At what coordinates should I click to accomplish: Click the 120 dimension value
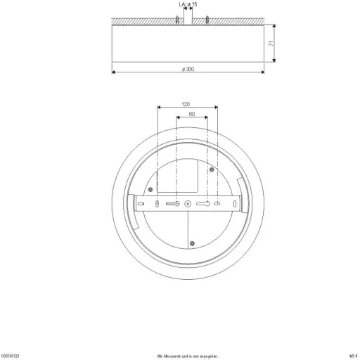coord(186,103)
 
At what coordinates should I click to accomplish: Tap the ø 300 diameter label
coord(188,68)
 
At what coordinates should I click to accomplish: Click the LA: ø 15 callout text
coord(188,5)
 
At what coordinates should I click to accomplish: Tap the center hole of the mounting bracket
coord(187,204)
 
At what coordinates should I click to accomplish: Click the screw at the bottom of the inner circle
coord(192,243)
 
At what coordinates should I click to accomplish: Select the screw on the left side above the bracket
coord(148,188)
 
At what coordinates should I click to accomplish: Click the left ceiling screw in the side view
coord(175,20)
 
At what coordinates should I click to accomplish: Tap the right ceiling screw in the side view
coord(207,20)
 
